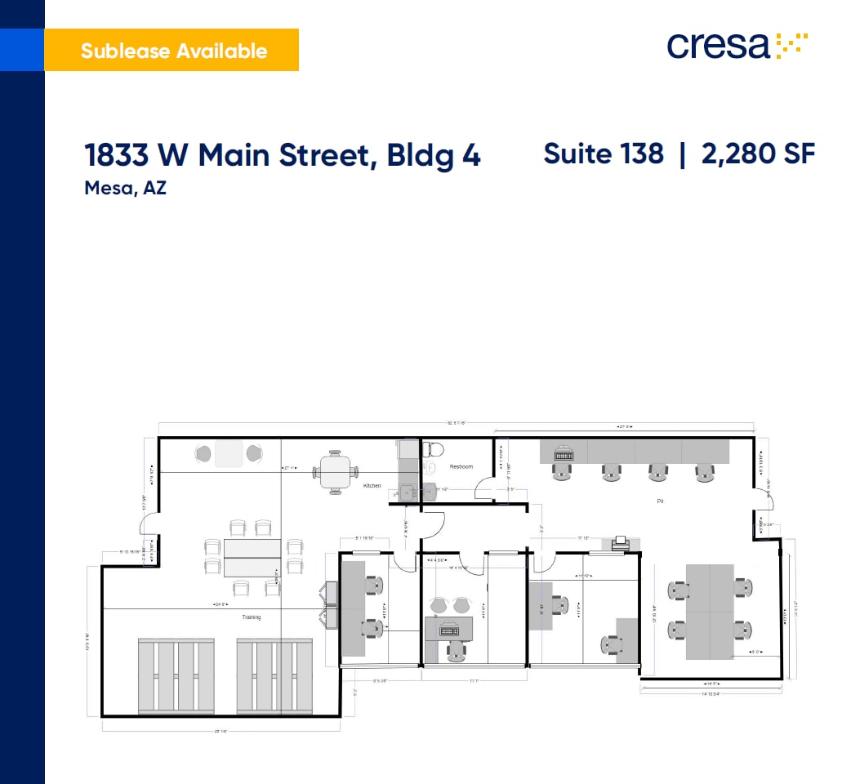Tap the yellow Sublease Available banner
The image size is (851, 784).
[172, 51]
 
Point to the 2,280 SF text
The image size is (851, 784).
[758, 154]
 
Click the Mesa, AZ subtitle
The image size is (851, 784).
[125, 189]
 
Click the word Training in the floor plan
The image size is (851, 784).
[252, 617]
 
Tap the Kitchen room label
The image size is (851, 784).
[372, 486]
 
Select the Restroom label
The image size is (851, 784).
[461, 466]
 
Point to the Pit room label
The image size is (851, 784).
[659, 500]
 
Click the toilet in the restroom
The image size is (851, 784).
[434, 449]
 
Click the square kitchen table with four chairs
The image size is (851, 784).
[336, 471]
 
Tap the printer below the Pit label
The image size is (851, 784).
[620, 542]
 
